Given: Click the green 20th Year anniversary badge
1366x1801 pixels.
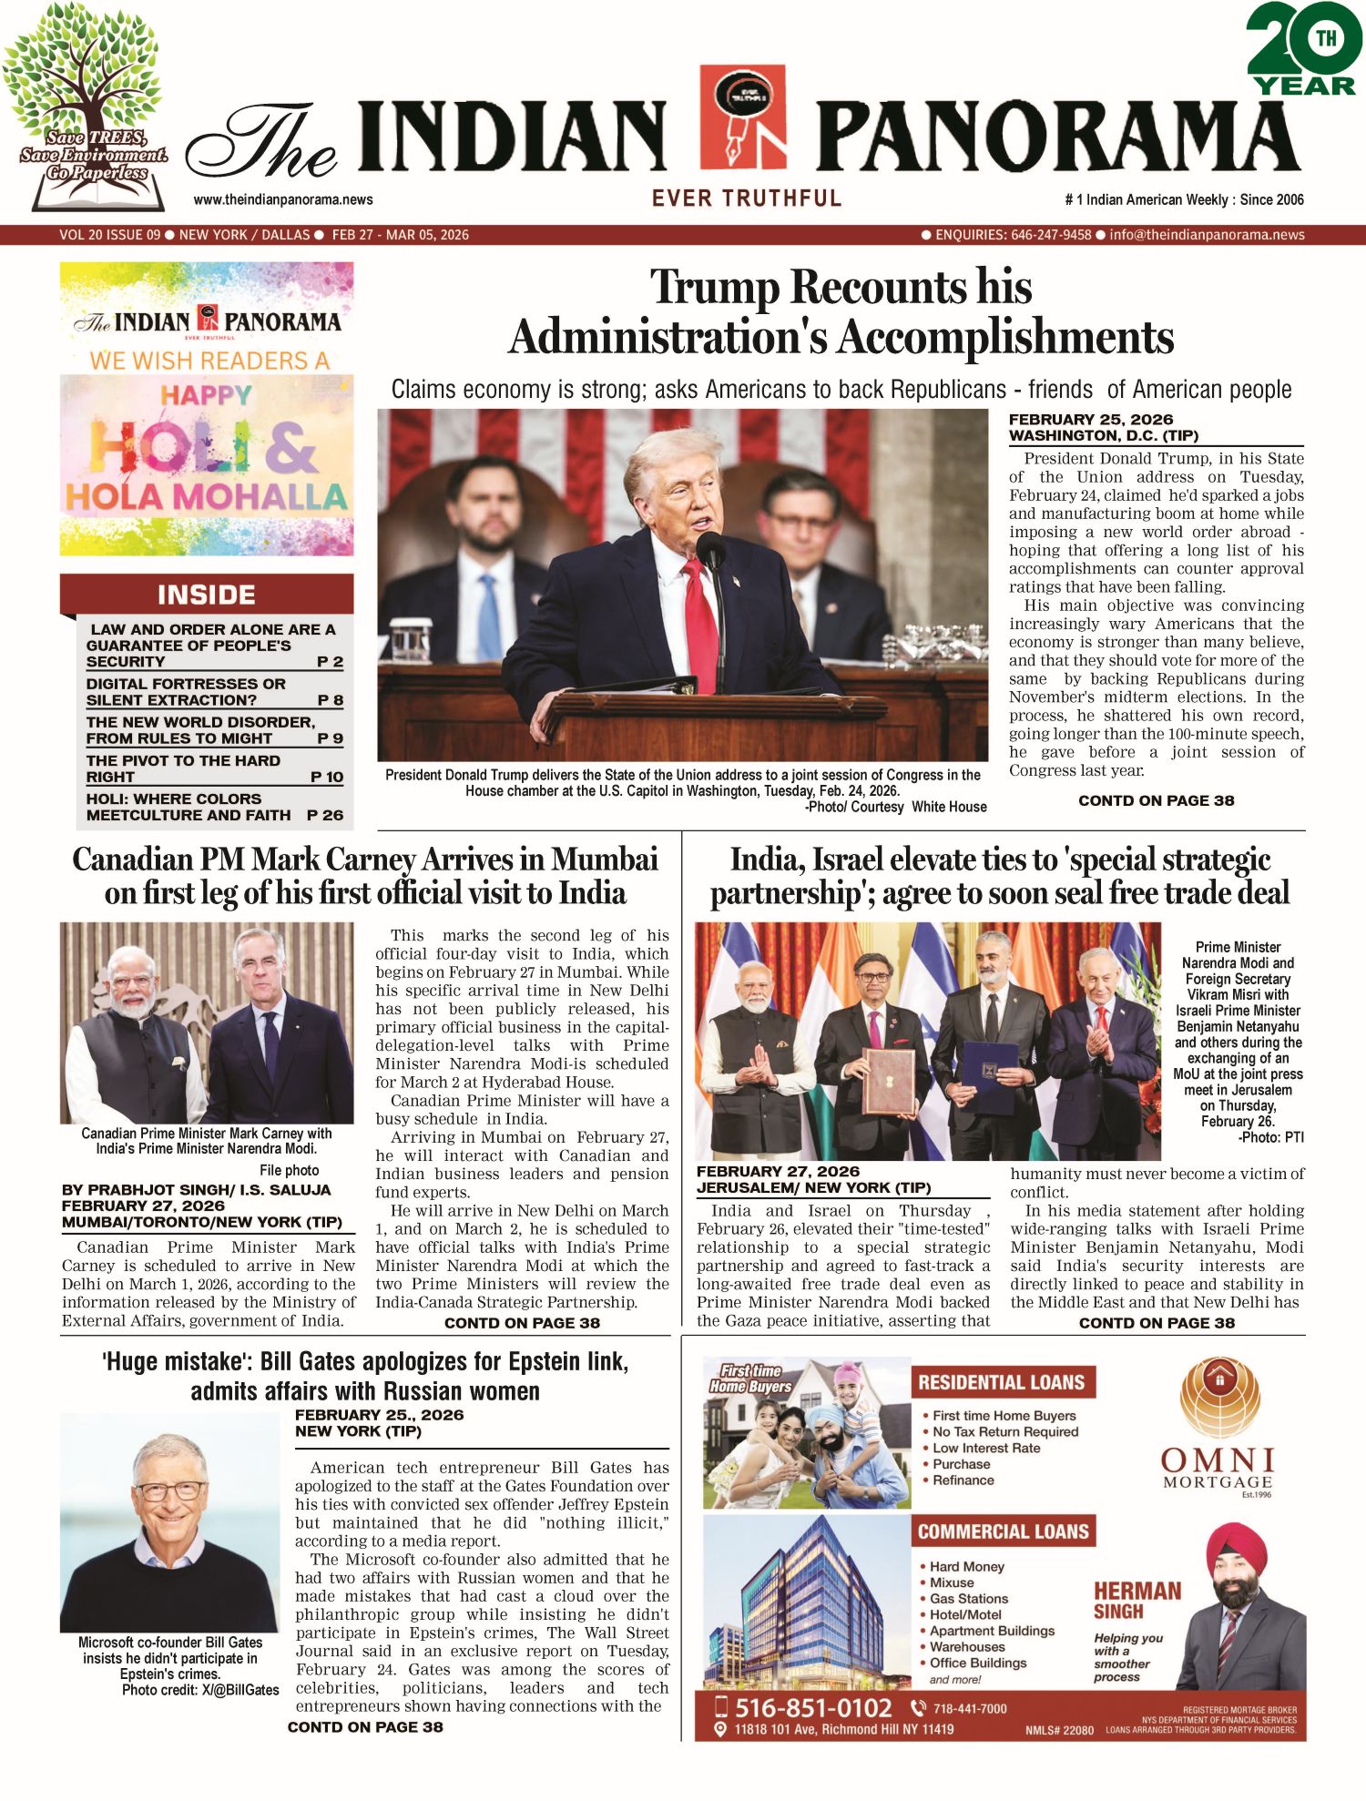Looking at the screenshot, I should (1303, 50).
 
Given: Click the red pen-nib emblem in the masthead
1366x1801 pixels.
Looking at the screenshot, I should (743, 116).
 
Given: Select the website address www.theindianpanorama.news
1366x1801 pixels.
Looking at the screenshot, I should (283, 199).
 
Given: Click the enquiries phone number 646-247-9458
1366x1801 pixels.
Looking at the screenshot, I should (1050, 235).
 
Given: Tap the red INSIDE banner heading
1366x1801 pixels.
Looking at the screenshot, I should (207, 595).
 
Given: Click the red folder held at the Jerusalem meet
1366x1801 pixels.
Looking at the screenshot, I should (888, 1081).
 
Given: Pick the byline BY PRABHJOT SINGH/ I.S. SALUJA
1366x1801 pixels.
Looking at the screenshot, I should (196, 1189).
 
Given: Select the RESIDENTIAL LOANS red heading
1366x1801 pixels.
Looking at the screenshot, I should (1002, 1382).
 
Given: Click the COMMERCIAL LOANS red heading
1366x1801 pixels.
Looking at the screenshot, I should (1003, 1531).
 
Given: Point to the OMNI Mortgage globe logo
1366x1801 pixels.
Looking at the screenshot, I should (1219, 1399).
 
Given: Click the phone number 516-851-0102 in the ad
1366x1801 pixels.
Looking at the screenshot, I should (813, 1707).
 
